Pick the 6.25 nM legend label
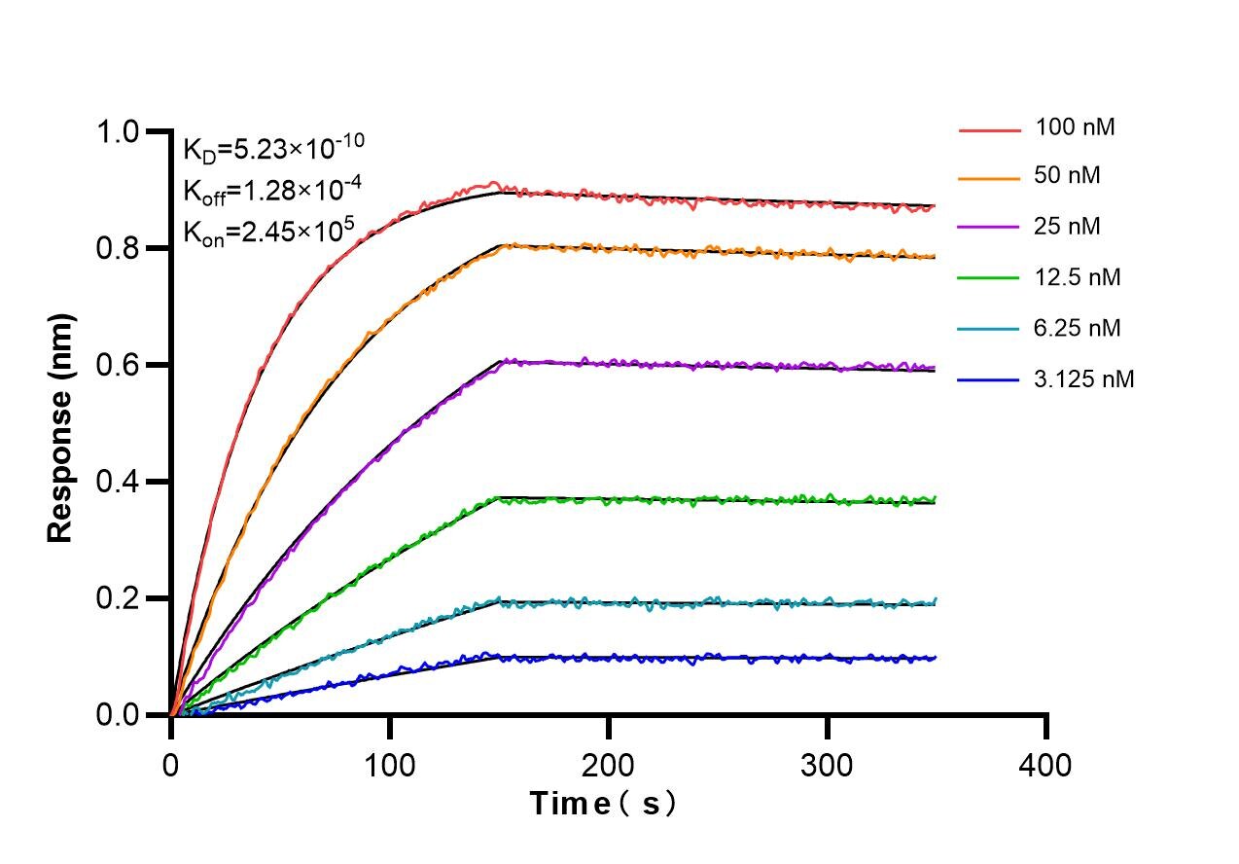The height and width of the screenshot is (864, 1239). tap(1079, 329)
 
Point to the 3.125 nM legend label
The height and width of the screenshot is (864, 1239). tap(1084, 379)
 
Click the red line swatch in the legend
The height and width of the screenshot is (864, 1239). tap(990, 128)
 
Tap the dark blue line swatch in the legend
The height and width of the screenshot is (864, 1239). tap(990, 380)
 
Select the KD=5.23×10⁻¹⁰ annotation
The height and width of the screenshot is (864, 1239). tap(273, 149)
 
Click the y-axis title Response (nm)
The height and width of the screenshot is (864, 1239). tap(61, 428)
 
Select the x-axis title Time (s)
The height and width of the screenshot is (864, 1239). tap(602, 804)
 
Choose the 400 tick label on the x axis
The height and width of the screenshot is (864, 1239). tap(1046, 765)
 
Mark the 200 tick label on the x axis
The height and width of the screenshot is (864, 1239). tap(609, 765)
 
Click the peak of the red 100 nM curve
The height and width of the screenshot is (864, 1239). tap(494, 183)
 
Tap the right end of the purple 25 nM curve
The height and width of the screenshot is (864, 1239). tap(935, 368)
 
